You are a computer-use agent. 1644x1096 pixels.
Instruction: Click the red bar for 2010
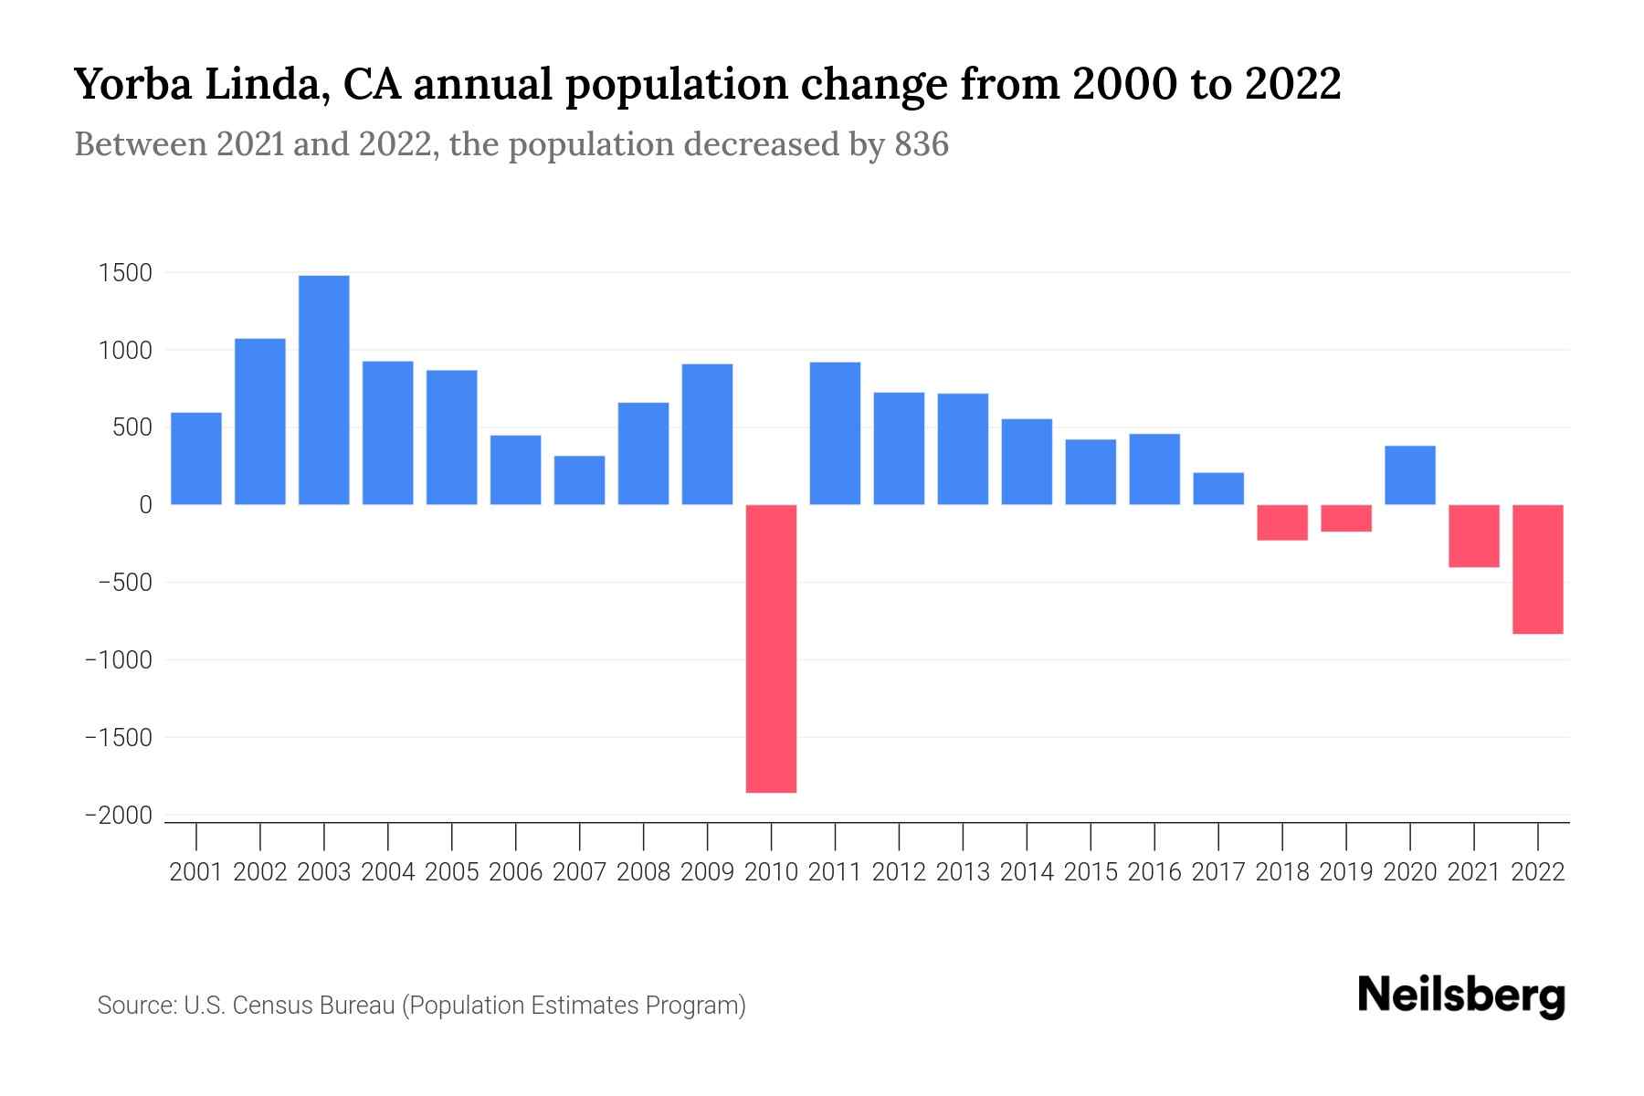[771, 648]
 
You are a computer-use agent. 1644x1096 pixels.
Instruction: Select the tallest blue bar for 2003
[323, 390]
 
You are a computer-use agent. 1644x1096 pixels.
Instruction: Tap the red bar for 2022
[1538, 569]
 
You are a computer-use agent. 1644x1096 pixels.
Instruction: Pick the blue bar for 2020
[1410, 475]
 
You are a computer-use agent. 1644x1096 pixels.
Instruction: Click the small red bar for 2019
[1346, 518]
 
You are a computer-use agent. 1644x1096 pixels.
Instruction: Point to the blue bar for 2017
[1218, 489]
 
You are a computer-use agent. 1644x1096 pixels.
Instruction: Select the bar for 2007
[579, 480]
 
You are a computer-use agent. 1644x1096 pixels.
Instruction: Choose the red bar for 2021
[1474, 536]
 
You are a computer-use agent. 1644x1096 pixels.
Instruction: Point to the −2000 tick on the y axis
[119, 816]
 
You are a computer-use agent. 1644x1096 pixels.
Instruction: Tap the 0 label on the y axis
[145, 505]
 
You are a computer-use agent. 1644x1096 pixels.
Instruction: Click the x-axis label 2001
[196, 872]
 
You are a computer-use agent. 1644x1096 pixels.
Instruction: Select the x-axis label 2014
[1027, 872]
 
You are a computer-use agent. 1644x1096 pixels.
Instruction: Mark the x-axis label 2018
[1282, 872]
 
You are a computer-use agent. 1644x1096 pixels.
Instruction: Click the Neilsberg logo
[1461, 996]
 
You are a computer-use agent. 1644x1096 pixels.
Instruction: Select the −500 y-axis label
[119, 583]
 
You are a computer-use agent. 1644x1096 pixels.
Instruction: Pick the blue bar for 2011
[835, 434]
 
